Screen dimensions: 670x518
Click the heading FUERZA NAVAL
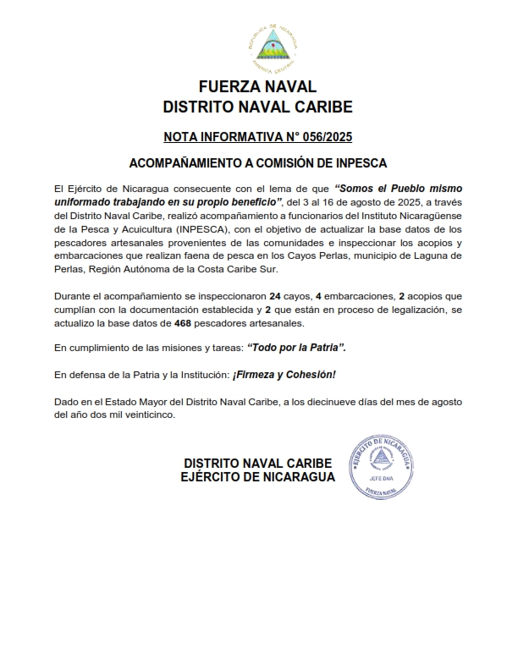[258, 87]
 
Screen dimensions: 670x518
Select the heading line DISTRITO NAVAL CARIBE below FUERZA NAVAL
[258, 107]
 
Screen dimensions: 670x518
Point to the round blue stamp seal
[383, 464]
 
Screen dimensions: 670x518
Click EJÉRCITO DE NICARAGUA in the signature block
[257, 478]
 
